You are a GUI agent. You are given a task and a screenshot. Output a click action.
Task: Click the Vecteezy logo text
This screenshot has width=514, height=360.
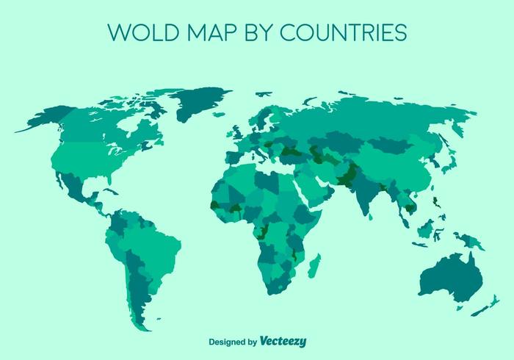point(283,341)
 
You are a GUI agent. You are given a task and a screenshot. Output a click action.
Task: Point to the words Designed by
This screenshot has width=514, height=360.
point(233,342)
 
